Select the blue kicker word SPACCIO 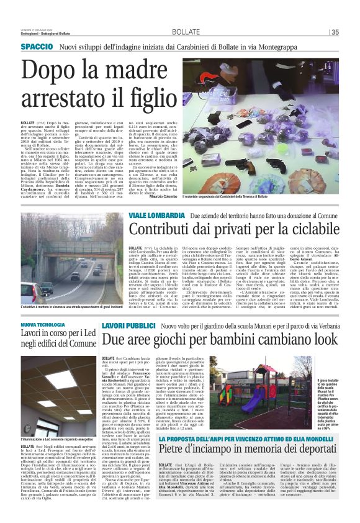click(x=37, y=47)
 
